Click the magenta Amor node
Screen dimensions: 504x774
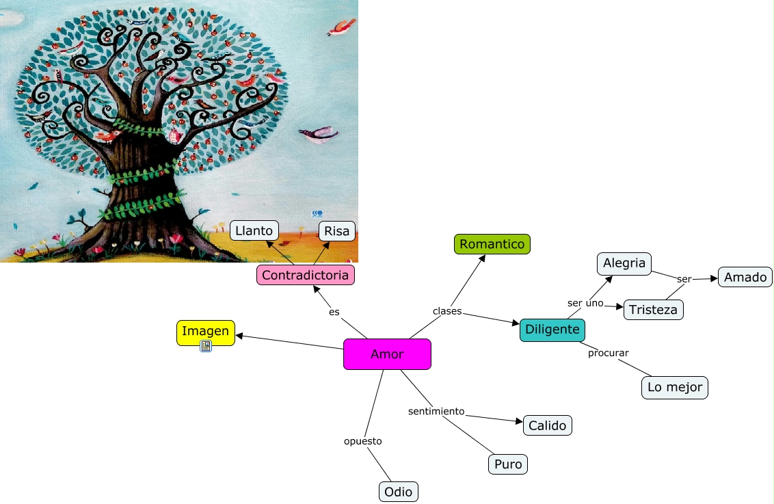point(387,354)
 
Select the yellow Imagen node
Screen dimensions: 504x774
point(205,332)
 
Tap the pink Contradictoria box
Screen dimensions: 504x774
point(306,276)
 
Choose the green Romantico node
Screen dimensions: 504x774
point(492,244)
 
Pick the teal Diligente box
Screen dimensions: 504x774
point(552,330)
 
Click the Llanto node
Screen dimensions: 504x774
point(254,231)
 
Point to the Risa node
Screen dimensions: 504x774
point(337,231)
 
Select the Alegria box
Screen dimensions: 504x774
point(624,263)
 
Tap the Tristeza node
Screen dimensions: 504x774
point(653,310)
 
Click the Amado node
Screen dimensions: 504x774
point(745,277)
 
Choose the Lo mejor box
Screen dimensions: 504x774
point(675,387)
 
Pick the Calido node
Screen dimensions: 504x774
point(547,425)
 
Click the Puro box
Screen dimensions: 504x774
point(508,464)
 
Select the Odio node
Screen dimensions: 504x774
point(398,492)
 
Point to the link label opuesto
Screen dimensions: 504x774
point(362,441)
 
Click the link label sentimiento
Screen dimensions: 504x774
point(436,411)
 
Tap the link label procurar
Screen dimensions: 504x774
point(608,353)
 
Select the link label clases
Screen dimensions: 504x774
point(447,311)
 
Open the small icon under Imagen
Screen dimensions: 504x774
point(206,346)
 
